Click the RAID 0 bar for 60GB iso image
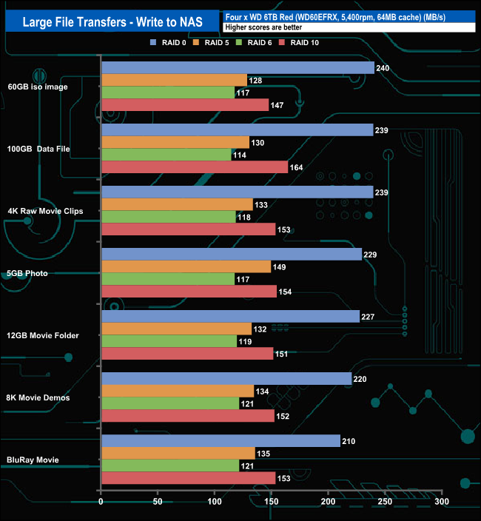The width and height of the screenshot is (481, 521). click(237, 68)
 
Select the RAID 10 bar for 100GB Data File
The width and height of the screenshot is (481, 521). click(194, 167)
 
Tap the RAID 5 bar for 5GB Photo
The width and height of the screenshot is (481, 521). click(186, 266)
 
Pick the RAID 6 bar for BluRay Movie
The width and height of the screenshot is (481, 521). click(169, 466)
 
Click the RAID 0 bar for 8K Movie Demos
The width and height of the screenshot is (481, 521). click(226, 379)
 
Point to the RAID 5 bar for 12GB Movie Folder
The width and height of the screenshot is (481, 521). click(176, 329)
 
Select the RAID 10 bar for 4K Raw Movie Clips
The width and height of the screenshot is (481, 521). click(188, 229)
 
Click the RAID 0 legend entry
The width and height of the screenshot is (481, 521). click(169, 42)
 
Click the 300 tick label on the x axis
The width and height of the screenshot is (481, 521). click(442, 501)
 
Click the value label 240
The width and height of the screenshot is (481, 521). click(383, 69)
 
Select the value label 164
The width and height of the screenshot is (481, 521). click(296, 168)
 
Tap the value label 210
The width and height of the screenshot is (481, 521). click(349, 442)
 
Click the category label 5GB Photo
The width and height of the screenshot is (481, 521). click(27, 273)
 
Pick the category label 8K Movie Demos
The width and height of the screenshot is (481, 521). click(37, 397)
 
